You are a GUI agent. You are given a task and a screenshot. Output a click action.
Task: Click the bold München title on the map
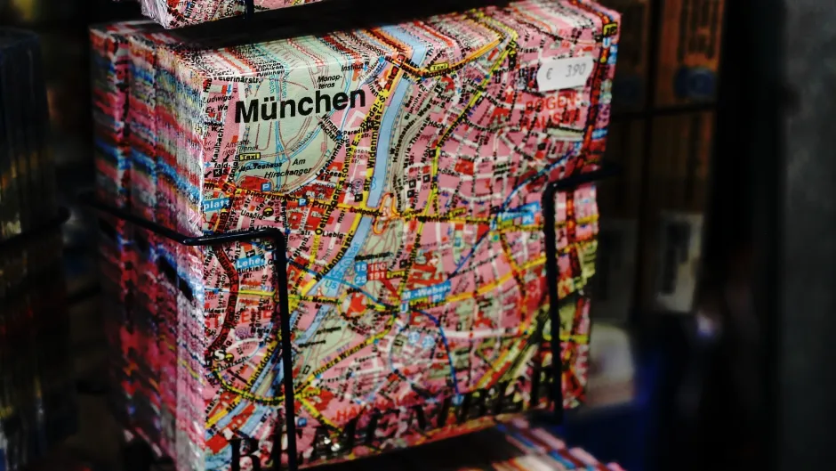300,105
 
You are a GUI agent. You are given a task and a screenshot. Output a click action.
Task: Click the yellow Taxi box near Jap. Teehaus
249,157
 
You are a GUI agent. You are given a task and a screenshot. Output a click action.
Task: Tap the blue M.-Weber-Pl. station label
426,290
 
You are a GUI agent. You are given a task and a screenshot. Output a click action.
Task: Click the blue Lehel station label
250,263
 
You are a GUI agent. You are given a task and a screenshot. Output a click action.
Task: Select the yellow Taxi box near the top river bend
438,67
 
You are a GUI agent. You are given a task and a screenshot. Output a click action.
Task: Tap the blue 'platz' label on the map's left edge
216,204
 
